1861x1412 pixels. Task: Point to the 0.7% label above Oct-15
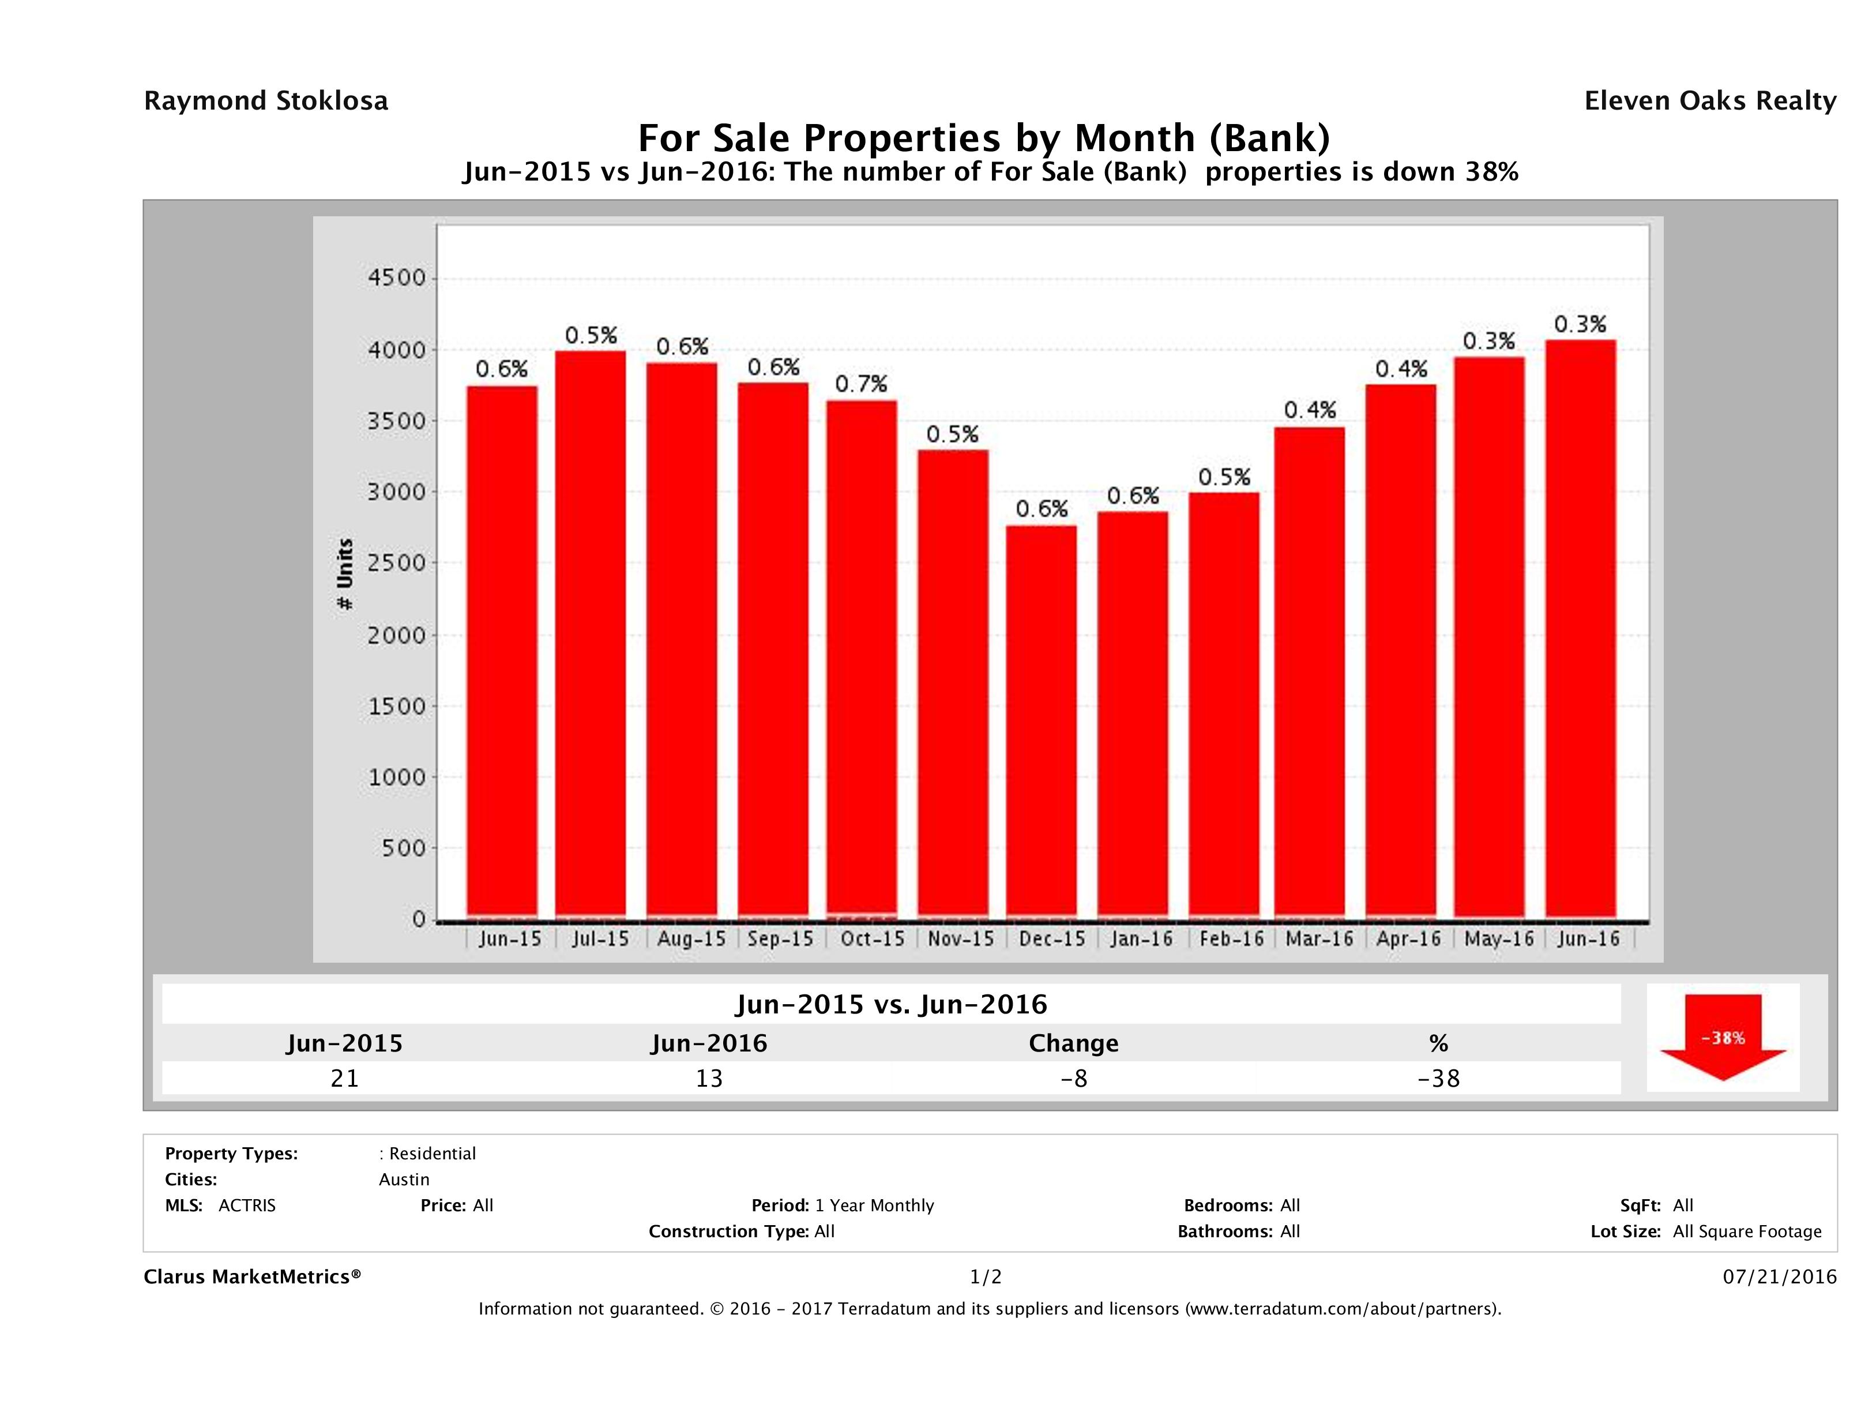coord(860,385)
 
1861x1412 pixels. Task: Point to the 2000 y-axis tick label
coord(397,634)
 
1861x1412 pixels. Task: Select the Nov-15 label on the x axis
coord(961,939)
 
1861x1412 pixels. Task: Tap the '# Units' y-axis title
coord(345,574)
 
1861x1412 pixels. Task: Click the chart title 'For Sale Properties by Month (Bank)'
coord(983,137)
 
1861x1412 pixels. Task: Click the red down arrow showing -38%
coord(1722,1037)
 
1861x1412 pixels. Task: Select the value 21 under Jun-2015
coord(345,1078)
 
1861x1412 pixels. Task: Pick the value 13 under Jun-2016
coord(709,1078)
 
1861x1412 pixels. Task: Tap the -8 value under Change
coord(1074,1078)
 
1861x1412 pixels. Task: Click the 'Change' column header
coord(1074,1043)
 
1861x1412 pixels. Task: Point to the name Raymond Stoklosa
coord(266,101)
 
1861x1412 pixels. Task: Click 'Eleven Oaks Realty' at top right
coord(1709,101)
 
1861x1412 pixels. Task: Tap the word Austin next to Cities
coord(404,1180)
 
